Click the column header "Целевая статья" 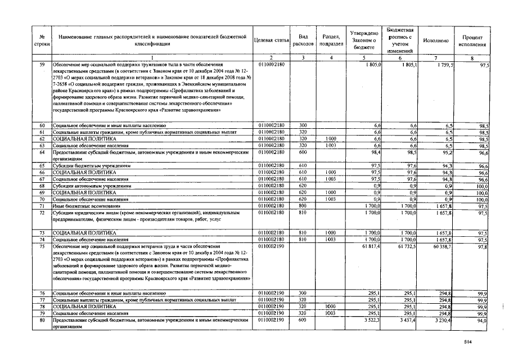point(272,41)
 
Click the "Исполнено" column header point(436,41)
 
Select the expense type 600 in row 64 point(303,152)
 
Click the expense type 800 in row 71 point(303,206)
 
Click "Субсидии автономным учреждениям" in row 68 point(91,186)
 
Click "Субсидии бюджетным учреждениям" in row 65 point(91,165)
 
